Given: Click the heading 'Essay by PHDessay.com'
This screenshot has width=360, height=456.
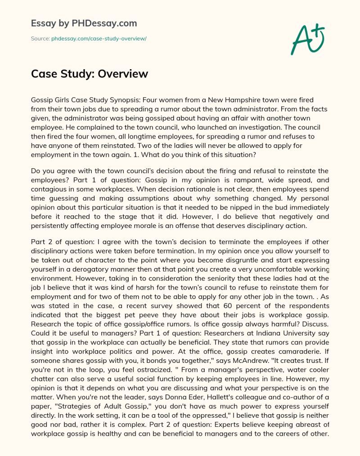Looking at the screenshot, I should (84, 23).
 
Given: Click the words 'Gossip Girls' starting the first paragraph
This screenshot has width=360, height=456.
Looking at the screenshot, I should (49, 99).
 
